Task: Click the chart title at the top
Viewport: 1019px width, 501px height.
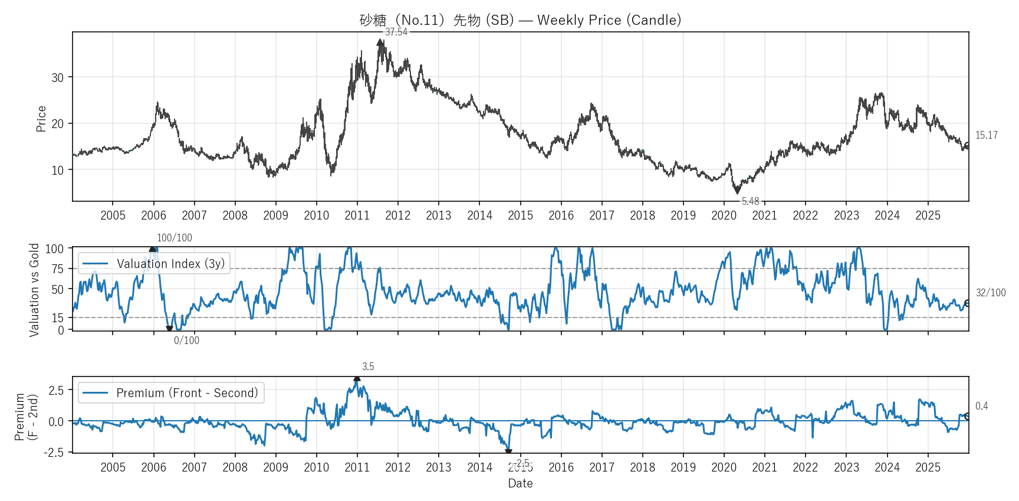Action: [520, 20]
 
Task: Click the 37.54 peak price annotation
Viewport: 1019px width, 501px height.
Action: [396, 32]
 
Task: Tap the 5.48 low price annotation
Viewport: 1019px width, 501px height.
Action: [750, 201]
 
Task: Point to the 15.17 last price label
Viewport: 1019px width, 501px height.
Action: [987, 135]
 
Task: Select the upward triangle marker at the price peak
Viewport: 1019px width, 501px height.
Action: [380, 42]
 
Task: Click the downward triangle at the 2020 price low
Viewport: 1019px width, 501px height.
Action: [737, 191]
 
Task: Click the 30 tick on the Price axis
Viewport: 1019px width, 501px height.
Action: [57, 77]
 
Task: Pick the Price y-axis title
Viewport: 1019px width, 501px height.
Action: [41, 119]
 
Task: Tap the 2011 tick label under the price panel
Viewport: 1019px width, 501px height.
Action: [357, 215]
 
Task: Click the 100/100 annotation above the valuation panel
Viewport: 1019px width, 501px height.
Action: [175, 238]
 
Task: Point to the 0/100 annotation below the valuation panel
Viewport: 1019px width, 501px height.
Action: [186, 340]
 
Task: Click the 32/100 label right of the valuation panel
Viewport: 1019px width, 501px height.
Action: [991, 293]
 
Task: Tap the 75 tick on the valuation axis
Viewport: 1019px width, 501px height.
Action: [57, 269]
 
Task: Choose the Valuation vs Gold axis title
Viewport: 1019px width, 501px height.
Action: [34, 290]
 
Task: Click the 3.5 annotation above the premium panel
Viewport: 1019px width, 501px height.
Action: [368, 366]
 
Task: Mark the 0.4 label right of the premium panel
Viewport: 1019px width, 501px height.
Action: [981, 406]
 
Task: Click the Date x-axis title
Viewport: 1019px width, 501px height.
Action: [520, 483]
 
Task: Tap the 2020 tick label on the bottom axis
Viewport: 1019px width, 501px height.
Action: [724, 467]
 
